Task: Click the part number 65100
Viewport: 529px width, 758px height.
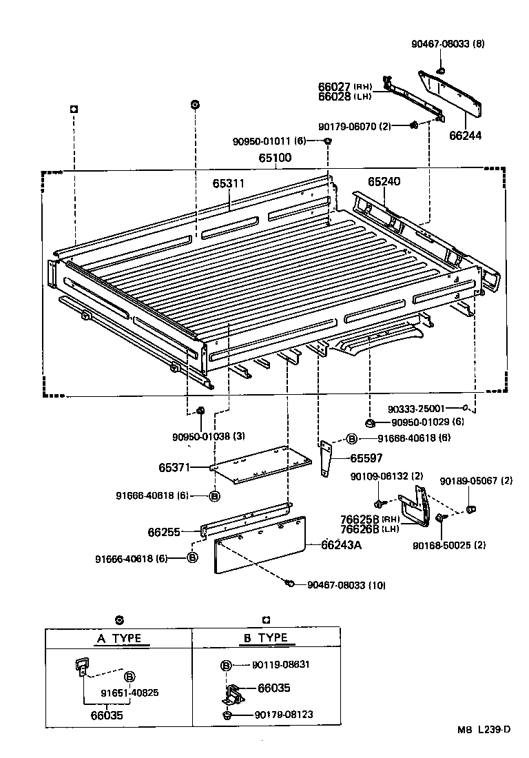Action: click(275, 158)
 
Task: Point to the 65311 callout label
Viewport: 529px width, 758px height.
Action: click(228, 184)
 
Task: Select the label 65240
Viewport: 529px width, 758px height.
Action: click(384, 182)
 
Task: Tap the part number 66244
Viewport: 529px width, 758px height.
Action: click(467, 136)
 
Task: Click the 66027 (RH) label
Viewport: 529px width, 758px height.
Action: click(345, 87)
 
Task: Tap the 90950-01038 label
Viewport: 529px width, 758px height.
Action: click(203, 436)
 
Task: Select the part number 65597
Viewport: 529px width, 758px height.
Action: click(366, 458)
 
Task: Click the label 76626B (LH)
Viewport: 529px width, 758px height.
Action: click(366, 529)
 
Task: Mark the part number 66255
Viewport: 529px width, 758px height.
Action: click(163, 532)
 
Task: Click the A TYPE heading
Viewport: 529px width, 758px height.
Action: click(118, 638)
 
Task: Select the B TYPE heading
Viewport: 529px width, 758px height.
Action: click(265, 638)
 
